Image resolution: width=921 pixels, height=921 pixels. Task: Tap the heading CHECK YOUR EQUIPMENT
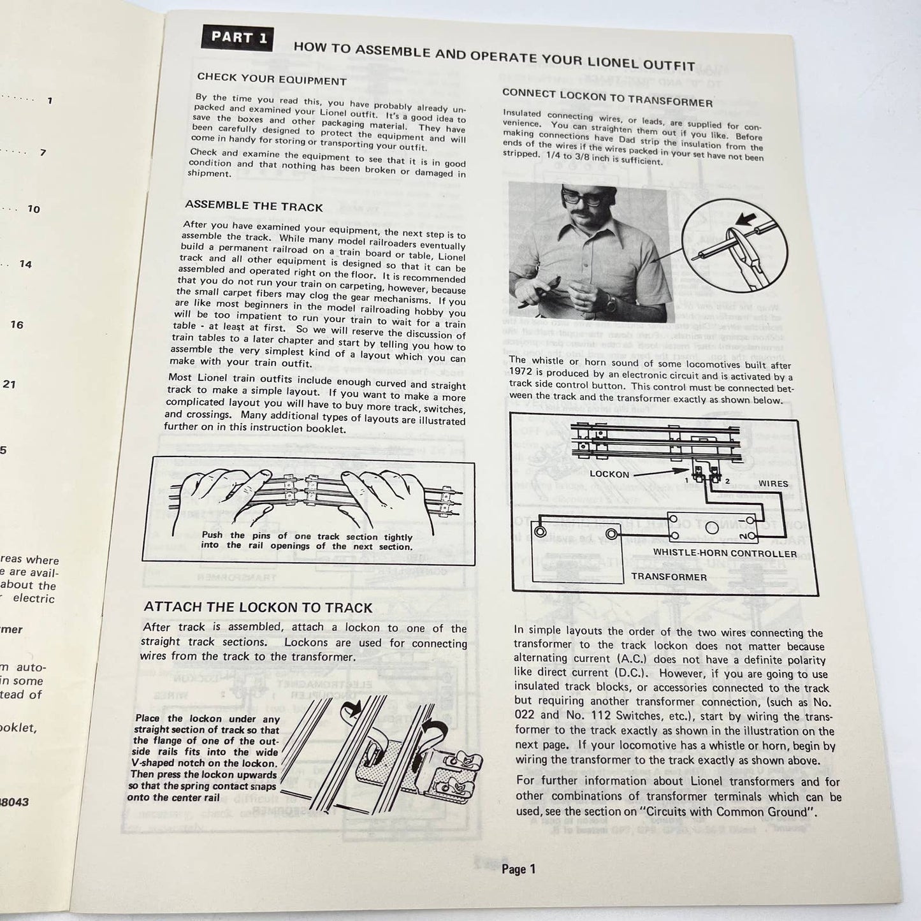coord(272,80)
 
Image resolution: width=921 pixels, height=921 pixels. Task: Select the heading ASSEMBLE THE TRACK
coord(254,206)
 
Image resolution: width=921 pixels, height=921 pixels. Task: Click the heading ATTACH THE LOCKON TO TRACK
coord(257,607)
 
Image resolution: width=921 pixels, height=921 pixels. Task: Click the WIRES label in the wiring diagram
coord(772,484)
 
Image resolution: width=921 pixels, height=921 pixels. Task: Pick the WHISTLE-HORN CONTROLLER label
coord(725,553)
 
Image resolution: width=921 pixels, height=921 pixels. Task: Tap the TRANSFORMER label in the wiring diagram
coord(669,577)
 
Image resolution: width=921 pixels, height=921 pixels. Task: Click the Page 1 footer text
coord(518,869)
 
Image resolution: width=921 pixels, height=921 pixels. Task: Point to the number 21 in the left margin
coord(9,384)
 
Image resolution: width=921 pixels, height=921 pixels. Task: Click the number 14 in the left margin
coord(25,264)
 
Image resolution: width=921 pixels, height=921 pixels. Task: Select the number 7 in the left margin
coord(43,153)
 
